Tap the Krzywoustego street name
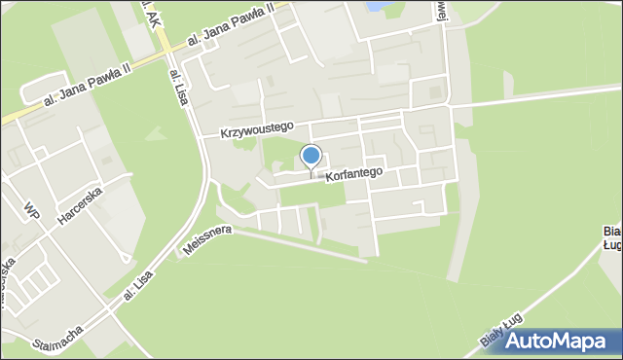tap(256, 127)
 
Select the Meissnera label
tap(205, 242)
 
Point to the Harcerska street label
tap(79, 203)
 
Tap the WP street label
tap(33, 210)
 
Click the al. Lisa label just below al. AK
tap(178, 87)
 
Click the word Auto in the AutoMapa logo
tap(530, 342)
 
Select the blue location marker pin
tap(311, 156)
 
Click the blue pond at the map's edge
tap(373, 6)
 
